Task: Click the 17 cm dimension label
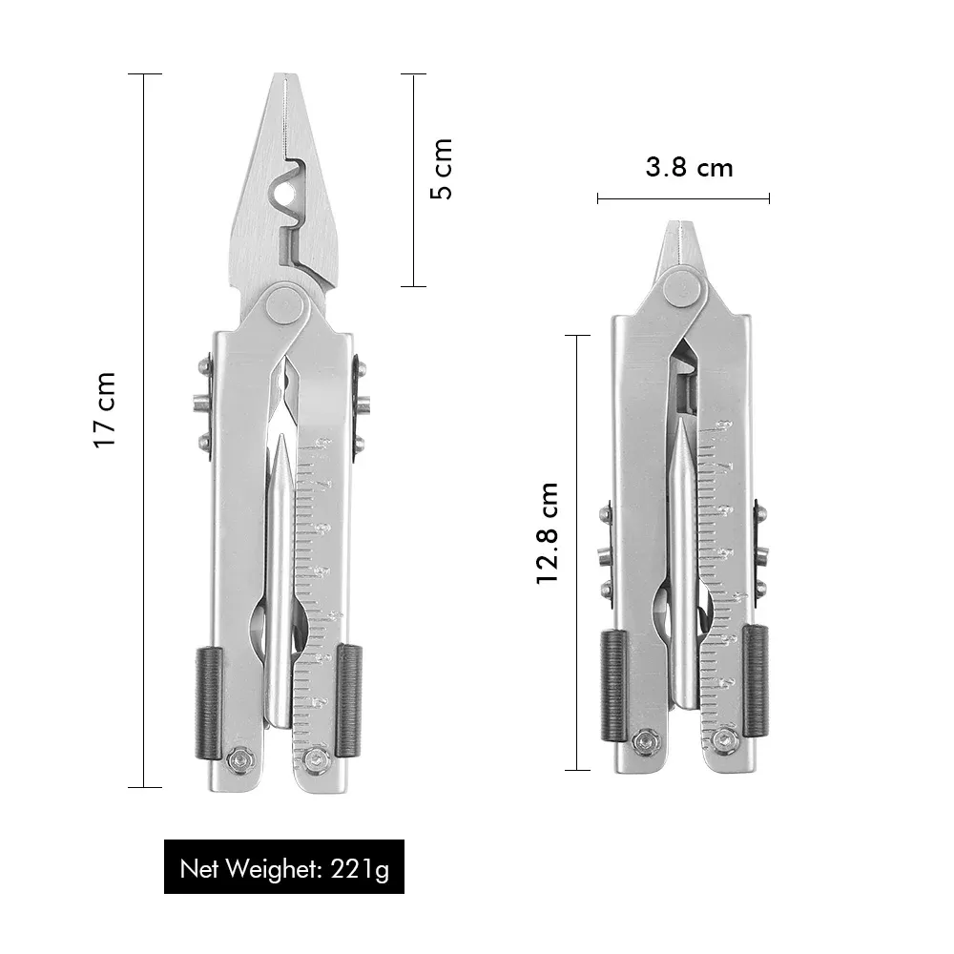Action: click(x=104, y=410)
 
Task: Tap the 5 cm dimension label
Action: click(x=441, y=169)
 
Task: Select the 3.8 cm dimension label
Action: click(x=689, y=167)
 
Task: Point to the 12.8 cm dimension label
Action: click(x=547, y=533)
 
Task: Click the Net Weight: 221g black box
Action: click(x=284, y=866)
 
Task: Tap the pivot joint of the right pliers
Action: click(x=682, y=288)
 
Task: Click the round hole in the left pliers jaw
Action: click(x=284, y=194)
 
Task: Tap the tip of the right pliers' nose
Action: click(x=678, y=222)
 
